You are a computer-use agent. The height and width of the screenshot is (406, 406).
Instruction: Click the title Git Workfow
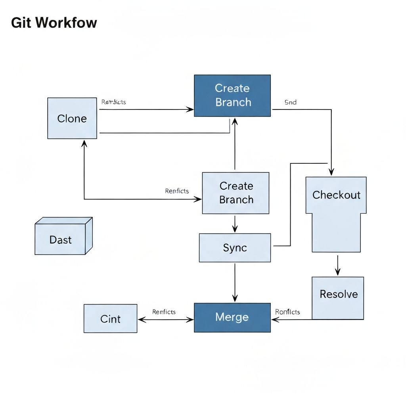(x=54, y=23)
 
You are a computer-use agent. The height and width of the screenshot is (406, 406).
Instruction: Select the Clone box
(x=72, y=118)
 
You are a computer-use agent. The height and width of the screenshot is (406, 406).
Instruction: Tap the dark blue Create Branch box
(x=232, y=96)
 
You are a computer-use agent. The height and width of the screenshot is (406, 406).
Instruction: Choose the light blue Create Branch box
(x=236, y=193)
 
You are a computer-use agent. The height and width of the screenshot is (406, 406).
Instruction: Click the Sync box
(x=235, y=248)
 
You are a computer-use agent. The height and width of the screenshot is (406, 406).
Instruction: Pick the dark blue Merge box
(x=232, y=317)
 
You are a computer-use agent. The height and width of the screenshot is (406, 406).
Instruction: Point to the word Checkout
(x=336, y=195)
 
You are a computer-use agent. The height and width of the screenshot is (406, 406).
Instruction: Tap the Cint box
(x=110, y=318)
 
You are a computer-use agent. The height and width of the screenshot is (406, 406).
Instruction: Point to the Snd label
(x=290, y=102)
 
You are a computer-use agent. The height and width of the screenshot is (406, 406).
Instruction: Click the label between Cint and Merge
(x=164, y=312)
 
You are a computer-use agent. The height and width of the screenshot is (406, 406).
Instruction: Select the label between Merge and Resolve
(x=287, y=312)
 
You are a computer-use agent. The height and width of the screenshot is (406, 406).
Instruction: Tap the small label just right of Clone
(x=113, y=102)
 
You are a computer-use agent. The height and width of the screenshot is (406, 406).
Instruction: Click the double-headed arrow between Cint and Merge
(x=165, y=320)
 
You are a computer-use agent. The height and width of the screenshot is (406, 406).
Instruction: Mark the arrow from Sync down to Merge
(x=235, y=282)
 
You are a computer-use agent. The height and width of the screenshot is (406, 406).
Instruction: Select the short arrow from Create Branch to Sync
(x=235, y=224)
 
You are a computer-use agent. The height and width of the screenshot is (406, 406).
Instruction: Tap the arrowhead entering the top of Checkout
(x=331, y=172)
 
